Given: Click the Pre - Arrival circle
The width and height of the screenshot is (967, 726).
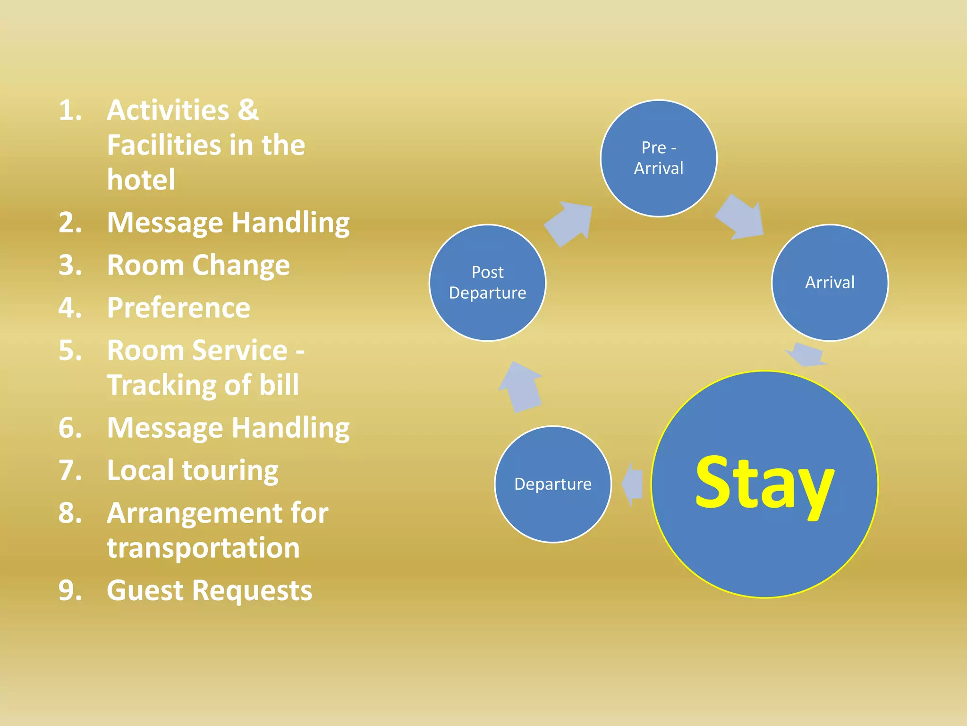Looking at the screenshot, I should pyautogui.click(x=658, y=158).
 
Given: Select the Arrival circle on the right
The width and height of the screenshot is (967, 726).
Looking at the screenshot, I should pyautogui.click(x=829, y=283).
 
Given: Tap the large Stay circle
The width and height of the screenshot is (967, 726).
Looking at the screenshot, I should pyautogui.click(x=764, y=484).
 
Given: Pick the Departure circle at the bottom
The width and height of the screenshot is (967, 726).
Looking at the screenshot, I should pyautogui.click(x=552, y=484).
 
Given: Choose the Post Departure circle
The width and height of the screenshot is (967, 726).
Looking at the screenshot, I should pyautogui.click(x=487, y=283).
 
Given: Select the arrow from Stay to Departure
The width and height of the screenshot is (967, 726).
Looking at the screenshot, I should pyautogui.click(x=633, y=484).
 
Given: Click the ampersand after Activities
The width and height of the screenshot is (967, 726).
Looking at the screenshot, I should pyautogui.click(x=248, y=110).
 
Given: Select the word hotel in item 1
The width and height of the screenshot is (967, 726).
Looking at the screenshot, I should pyautogui.click(x=141, y=180).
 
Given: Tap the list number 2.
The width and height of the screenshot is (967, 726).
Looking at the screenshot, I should pyautogui.click(x=70, y=222).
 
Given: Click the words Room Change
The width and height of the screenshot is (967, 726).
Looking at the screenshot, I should pyautogui.click(x=198, y=265).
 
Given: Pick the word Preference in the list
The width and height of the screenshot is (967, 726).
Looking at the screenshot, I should pyautogui.click(x=178, y=308).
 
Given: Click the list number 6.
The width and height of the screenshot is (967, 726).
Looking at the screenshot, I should pyautogui.click(x=70, y=428).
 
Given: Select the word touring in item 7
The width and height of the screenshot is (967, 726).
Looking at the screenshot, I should pyautogui.click(x=230, y=471).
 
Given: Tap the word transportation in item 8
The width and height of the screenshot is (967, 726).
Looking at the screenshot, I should pyautogui.click(x=203, y=548).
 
